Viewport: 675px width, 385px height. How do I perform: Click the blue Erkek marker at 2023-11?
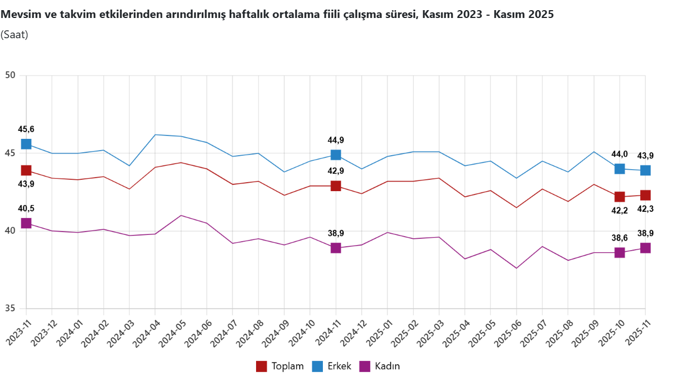click(26, 144)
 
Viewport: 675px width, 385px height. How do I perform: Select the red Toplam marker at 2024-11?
click(336, 186)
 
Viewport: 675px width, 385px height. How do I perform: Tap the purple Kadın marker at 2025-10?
click(619, 253)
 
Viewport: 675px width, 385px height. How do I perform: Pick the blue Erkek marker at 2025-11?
click(645, 170)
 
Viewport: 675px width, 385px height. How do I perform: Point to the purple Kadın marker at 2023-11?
click(26, 223)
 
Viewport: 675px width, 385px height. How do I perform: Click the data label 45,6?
click(26, 129)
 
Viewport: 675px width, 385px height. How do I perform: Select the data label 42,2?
click(619, 211)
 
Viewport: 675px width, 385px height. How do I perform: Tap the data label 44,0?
click(619, 154)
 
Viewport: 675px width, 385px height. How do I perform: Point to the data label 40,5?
click(26, 209)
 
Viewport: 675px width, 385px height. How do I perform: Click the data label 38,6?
click(619, 238)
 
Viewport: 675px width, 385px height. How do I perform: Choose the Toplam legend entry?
click(280, 366)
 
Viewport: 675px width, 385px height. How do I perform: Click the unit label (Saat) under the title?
click(15, 35)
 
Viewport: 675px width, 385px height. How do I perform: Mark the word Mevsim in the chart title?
click(19, 15)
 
